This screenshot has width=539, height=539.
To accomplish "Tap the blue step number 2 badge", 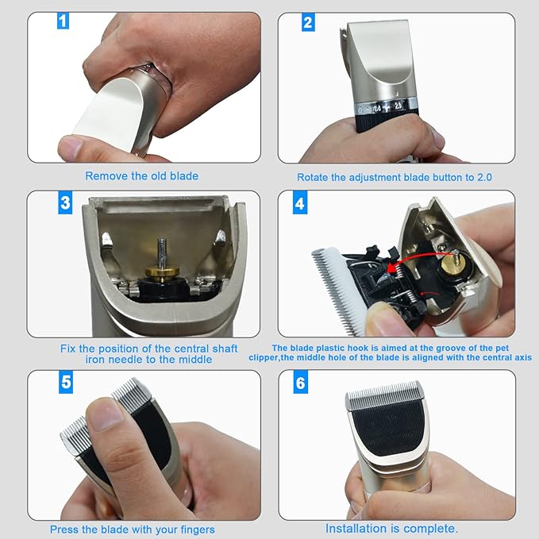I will pyautogui.click(x=308, y=22).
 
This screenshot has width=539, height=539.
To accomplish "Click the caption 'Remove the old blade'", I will pyautogui.click(x=141, y=176).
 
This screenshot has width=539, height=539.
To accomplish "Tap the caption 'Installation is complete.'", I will pyautogui.click(x=391, y=529).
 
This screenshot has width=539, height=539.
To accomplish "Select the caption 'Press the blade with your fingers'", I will pyautogui.click(x=132, y=529).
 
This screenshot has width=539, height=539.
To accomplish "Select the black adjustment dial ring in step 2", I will pyautogui.click(x=384, y=119).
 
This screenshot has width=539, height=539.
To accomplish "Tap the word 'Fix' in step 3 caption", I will pyautogui.click(x=68, y=348).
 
